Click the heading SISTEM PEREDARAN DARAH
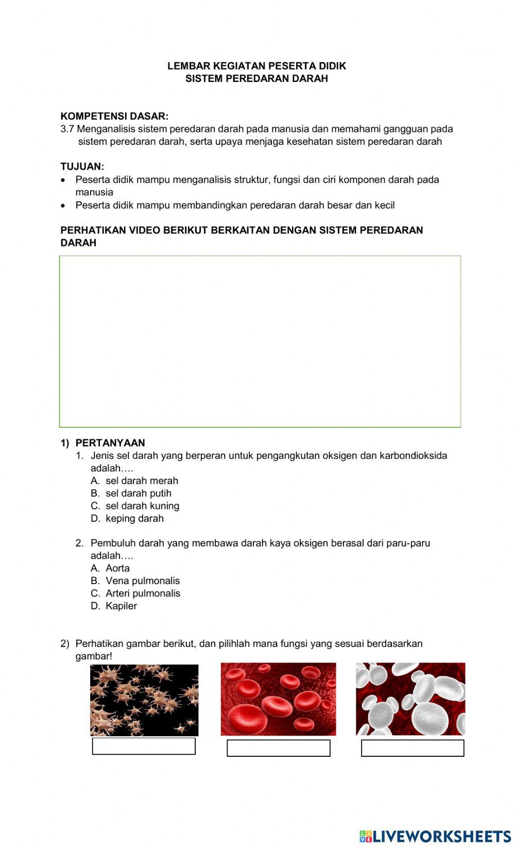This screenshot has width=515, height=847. coord(256,78)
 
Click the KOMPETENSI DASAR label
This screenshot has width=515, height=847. coord(114,116)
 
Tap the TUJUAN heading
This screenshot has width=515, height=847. coord(82,167)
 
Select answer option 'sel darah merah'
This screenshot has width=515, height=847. coord(142,480)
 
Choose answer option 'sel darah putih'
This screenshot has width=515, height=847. coord(138,493)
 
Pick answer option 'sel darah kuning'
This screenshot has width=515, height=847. coord(142,506)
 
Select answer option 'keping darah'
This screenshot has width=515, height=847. coord(134,518)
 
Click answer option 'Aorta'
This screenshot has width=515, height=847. coord(117,568)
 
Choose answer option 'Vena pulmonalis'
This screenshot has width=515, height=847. coord(143,580)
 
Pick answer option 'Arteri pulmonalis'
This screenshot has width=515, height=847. coord(143,593)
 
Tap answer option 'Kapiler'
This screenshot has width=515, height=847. coord(121,606)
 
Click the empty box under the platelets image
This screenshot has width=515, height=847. coord(144,746)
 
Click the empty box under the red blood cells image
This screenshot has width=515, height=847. coord(278,748)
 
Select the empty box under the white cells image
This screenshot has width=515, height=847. coord(413,748)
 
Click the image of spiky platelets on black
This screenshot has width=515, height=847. coord(144,700)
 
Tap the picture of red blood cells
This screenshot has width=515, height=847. coord(278,699)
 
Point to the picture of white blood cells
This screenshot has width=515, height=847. coord(410,699)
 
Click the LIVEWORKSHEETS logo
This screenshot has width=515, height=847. coord(435,836)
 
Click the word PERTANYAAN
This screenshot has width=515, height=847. coord(110,443)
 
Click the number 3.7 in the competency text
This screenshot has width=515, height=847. coord(67,129)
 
